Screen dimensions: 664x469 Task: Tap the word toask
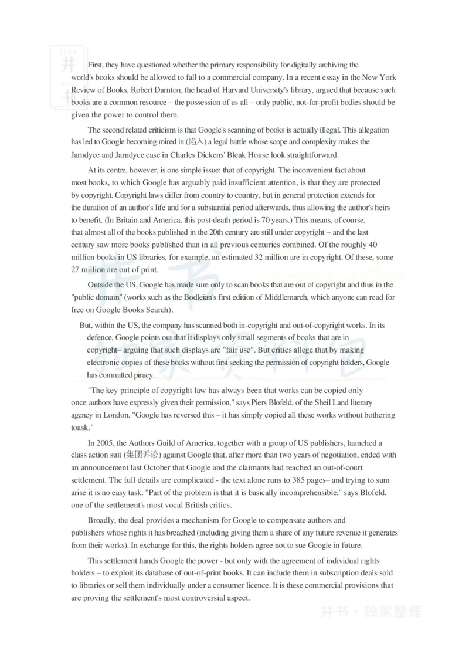click(x=79, y=428)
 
